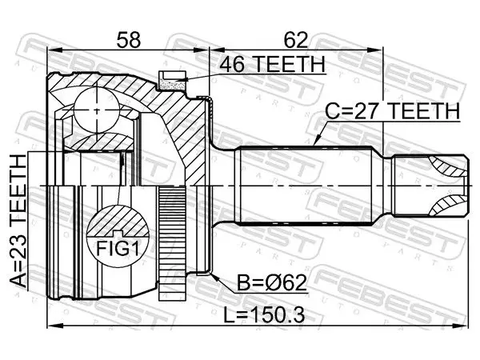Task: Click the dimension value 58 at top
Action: pyautogui.click(x=129, y=40)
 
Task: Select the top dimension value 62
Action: pyautogui.click(x=296, y=40)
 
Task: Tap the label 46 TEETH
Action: pyautogui.click(x=272, y=64)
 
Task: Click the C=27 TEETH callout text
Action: pyautogui.click(x=393, y=111)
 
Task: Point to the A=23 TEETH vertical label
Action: pyautogui.click(x=18, y=222)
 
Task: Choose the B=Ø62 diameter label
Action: pyautogui.click(x=272, y=283)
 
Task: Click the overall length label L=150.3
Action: pyautogui.click(x=264, y=315)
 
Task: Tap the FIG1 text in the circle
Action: pyautogui.click(x=118, y=249)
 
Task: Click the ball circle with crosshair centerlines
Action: pyautogui.click(x=97, y=110)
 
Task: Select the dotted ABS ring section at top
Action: pyautogui.click(x=172, y=83)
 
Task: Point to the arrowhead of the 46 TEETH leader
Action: pyautogui.click(x=182, y=81)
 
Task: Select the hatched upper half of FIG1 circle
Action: pyautogui.click(x=118, y=221)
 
